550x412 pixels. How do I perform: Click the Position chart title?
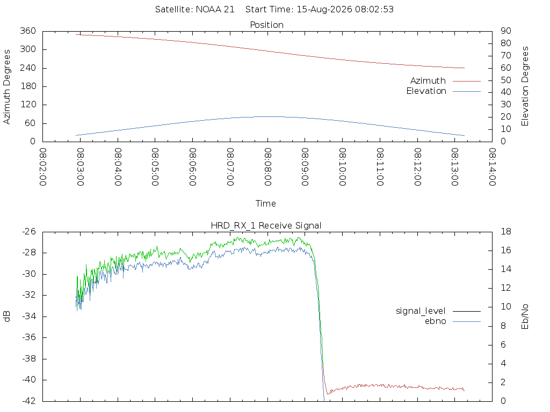pyautogui.click(x=266, y=25)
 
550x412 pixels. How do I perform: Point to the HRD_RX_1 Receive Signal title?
pyautogui.click(x=266, y=226)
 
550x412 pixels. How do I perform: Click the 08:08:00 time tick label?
pyautogui.click(x=267, y=167)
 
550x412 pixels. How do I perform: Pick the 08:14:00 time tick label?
pyautogui.click(x=492, y=167)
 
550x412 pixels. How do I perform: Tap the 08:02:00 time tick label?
pyautogui.click(x=43, y=167)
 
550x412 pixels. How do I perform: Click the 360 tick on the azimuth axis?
pyautogui.click(x=28, y=31)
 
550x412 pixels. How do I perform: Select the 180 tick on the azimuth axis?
pyautogui.click(x=28, y=86)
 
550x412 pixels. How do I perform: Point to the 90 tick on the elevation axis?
pyautogui.click(x=506, y=31)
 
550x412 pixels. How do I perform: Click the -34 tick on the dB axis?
pyautogui.click(x=29, y=317)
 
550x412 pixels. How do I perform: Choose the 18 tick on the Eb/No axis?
pyautogui.click(x=506, y=232)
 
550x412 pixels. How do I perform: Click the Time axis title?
pyautogui.click(x=265, y=203)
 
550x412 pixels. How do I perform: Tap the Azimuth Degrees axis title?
pyautogui.click(x=6, y=86)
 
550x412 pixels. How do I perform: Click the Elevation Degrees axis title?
pyautogui.click(x=525, y=86)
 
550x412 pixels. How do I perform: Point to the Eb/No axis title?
pyautogui.click(x=525, y=317)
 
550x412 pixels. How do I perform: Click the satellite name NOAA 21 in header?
pyautogui.click(x=215, y=10)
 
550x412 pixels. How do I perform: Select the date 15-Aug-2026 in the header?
pyautogui.click(x=324, y=10)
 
